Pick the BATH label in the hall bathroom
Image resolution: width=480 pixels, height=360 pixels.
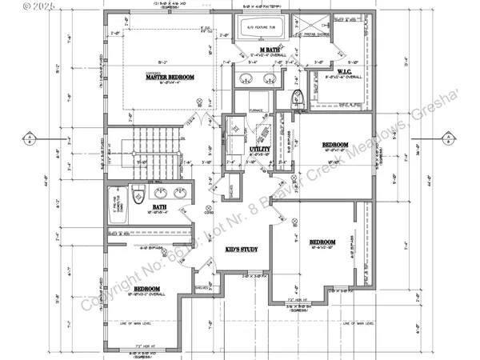click(159, 207)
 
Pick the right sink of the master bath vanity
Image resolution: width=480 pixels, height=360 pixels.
click(270, 78)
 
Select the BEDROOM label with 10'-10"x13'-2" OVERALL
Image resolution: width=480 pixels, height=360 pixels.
click(150, 288)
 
